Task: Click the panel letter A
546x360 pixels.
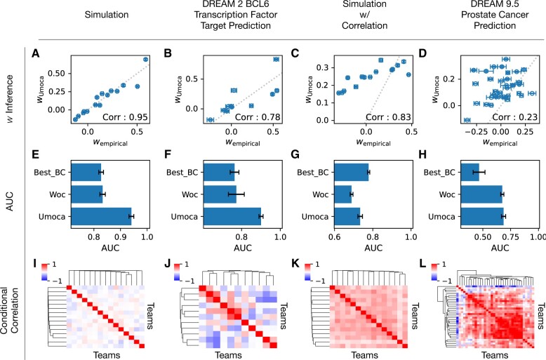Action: pos(34,52)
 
